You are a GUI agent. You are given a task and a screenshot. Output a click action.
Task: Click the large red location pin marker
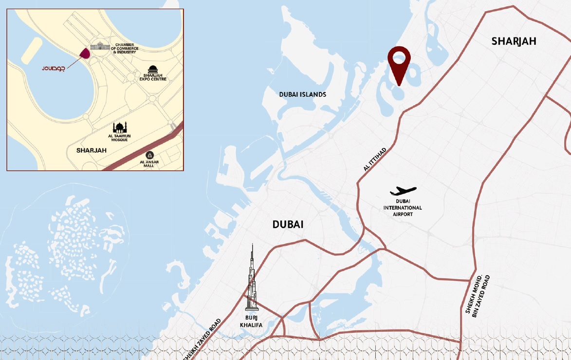(399, 65)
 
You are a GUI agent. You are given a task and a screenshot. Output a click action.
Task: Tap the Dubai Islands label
(302, 94)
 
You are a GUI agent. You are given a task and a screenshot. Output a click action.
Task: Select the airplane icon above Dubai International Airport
(403, 191)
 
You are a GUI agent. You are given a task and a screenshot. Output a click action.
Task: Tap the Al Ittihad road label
(375, 159)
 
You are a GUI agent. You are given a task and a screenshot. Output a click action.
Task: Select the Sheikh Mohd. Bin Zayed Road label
(478, 296)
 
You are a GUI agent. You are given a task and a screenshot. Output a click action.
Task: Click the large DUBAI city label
(288, 224)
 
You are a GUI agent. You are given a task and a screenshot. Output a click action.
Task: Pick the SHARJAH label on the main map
(514, 41)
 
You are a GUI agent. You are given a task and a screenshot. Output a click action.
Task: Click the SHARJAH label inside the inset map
(91, 150)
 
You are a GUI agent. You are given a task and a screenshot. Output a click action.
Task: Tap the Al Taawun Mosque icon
(120, 127)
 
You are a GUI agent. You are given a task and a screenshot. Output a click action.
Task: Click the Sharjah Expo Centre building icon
(152, 70)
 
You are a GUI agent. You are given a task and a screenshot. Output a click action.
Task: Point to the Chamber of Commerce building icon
(100, 46)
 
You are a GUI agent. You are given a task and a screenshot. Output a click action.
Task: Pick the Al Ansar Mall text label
(149, 164)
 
